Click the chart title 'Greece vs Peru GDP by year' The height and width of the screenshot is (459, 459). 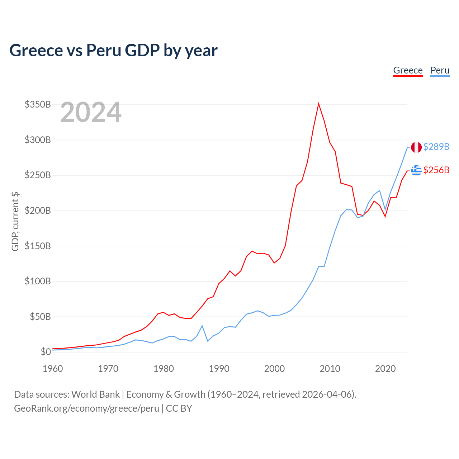tap(113, 51)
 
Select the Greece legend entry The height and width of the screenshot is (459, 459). tap(408, 71)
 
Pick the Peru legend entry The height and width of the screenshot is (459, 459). tap(440, 71)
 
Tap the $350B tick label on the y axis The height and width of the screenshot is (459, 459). tap(38, 104)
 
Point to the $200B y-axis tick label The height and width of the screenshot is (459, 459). tap(38, 210)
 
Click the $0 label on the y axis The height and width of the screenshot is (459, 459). tap(46, 352)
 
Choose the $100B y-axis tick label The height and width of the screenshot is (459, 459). tap(38, 281)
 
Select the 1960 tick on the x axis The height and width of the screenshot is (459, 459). tap(53, 369)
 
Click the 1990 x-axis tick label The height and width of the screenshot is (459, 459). tap(219, 369)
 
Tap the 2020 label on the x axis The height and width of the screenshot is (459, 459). tap(385, 369)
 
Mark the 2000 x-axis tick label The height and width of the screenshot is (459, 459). tap(274, 369)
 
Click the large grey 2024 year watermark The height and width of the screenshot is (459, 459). tap(91, 112)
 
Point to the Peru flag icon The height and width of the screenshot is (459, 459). tap(416, 147)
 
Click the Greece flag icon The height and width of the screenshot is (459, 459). tap(416, 170)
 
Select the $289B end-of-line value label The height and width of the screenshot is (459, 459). tap(436, 147)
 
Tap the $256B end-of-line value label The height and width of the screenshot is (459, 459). tap(436, 170)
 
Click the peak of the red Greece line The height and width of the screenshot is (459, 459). tap(318, 104)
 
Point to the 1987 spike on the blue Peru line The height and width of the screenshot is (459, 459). tap(202, 326)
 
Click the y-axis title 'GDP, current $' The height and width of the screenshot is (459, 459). tap(15, 222)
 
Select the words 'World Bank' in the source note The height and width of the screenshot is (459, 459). tap(95, 394)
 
